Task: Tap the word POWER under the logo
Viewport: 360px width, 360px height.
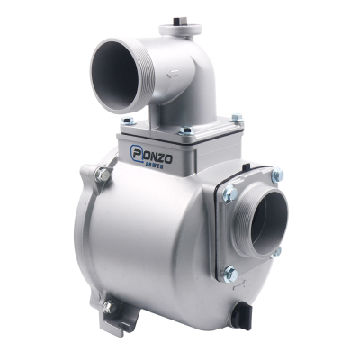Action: (x=154, y=166)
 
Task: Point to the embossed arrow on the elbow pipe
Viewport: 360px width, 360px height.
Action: (x=173, y=73)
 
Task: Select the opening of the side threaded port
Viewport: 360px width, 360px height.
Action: (x=268, y=220)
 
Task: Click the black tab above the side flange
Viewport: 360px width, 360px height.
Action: (x=245, y=166)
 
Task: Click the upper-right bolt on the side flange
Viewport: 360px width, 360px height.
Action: (x=277, y=175)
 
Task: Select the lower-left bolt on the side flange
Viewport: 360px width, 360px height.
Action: (x=231, y=274)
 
